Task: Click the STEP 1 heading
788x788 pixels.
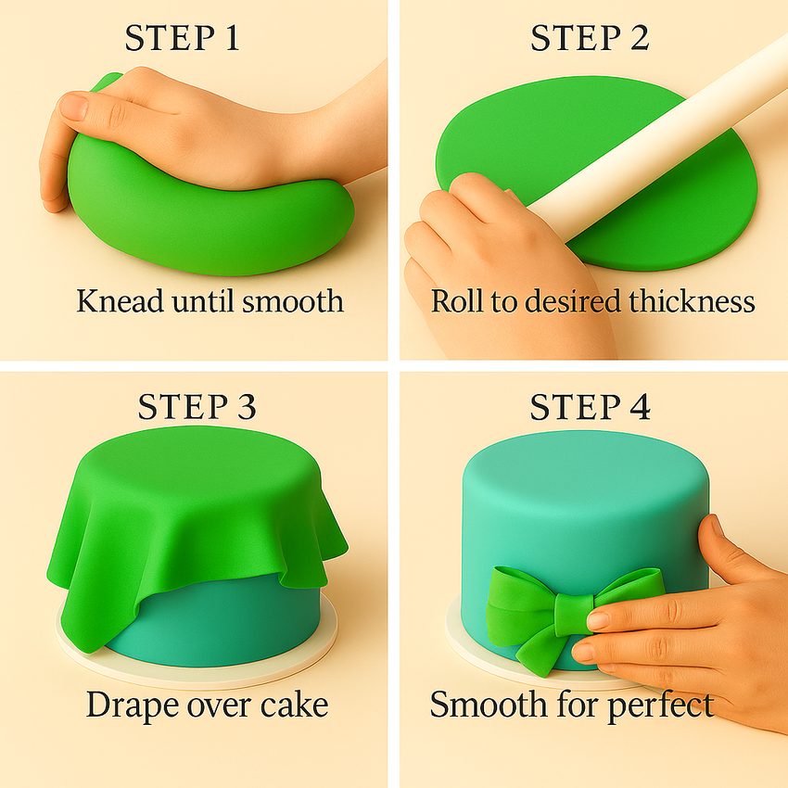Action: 183,38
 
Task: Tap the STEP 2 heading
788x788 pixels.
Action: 590,38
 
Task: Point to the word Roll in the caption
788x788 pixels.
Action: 457,301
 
